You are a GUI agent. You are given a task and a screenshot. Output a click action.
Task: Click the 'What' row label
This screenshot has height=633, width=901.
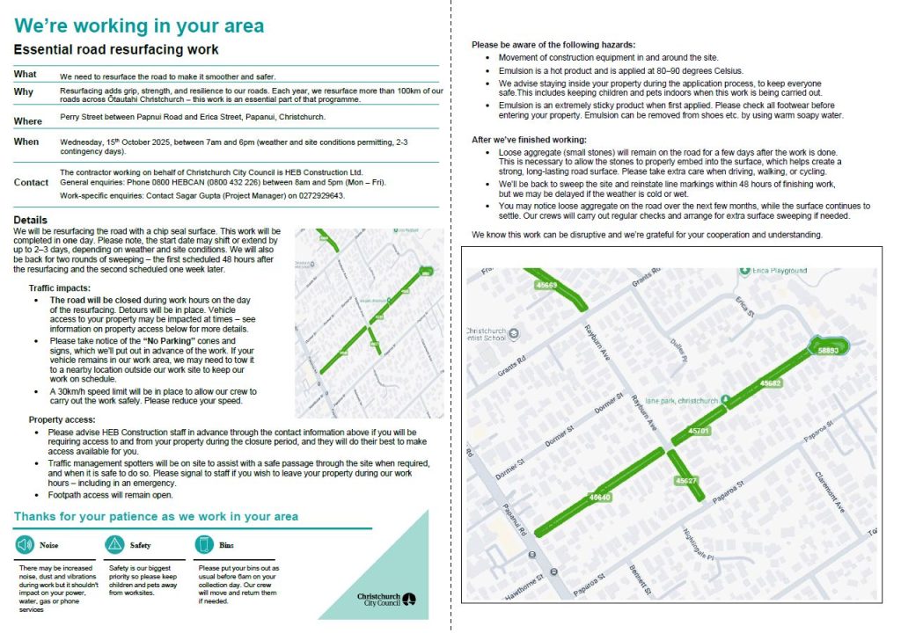click(x=26, y=75)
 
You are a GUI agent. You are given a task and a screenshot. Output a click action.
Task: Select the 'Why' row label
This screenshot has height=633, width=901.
click(x=24, y=92)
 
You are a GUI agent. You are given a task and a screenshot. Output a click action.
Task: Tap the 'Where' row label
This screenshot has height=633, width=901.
click(x=28, y=120)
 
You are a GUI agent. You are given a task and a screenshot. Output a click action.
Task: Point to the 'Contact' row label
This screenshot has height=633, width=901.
click(x=31, y=182)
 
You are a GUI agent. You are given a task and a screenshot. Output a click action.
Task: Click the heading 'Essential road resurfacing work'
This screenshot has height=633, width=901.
click(x=116, y=50)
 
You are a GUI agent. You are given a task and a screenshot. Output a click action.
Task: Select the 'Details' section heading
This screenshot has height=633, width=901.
click(x=31, y=220)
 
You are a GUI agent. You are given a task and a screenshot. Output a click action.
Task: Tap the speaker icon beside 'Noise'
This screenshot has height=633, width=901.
click(x=24, y=545)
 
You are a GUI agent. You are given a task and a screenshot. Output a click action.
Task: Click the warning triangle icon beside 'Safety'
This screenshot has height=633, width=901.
click(x=114, y=545)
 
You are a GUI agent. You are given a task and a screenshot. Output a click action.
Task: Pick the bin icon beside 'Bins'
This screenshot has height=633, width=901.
click(x=203, y=545)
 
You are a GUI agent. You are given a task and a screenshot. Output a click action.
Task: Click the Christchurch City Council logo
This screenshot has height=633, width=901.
click(x=386, y=599)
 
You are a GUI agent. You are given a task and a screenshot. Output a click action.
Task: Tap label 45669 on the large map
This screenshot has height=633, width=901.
click(x=546, y=285)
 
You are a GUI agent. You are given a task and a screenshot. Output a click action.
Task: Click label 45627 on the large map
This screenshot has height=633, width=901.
click(x=686, y=481)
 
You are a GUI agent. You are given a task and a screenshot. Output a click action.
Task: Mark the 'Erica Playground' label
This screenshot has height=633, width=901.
click(x=774, y=271)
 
